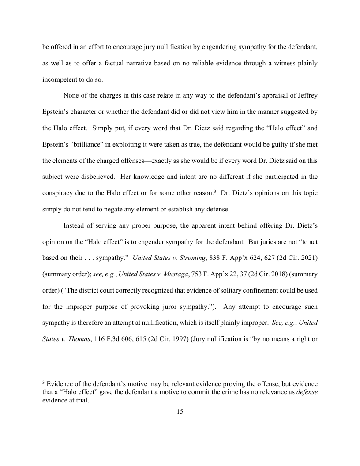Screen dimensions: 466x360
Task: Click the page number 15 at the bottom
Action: tap(180, 412)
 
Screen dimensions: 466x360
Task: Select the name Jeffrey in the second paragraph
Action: tap(306, 96)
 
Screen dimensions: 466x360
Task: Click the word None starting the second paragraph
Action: tap(72, 96)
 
